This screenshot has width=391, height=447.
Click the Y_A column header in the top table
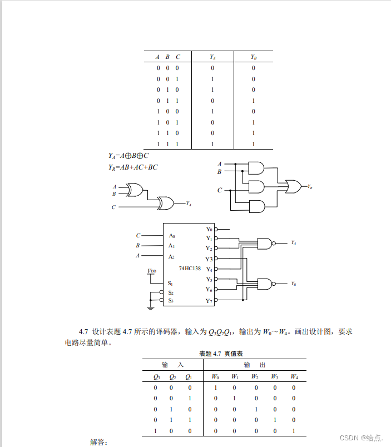pos(212,57)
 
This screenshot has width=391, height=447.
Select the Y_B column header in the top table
pos(253,57)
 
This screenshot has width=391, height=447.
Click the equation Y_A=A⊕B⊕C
pos(128,156)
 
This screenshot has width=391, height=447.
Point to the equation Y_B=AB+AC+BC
pos(133,167)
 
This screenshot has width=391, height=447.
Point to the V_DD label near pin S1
pos(151,271)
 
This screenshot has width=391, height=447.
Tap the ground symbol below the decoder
pos(151,306)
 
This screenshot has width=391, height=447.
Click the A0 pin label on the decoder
pos(172,236)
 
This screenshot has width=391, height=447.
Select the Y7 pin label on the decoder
pos(209,301)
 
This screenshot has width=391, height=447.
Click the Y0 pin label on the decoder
pos(209,229)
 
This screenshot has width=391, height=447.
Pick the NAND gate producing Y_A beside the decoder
pos(265,244)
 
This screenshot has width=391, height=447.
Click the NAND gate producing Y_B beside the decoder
pos(265,284)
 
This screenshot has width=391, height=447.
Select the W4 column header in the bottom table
pos(294,377)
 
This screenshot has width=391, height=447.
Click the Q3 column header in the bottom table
pos(156,377)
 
